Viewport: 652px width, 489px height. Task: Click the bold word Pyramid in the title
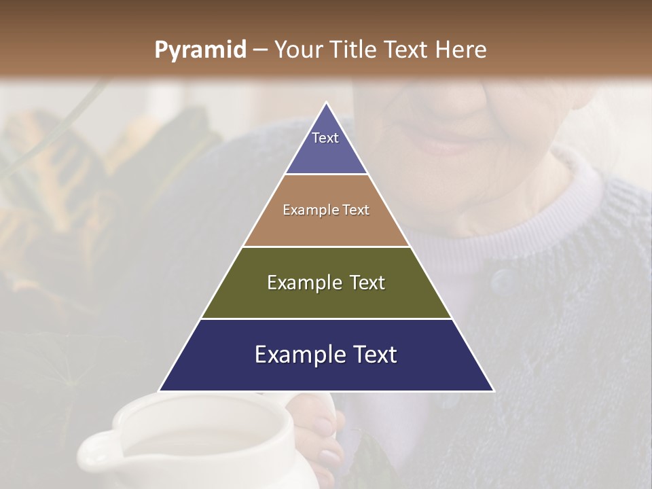click(200, 50)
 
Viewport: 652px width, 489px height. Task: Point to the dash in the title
click(259, 50)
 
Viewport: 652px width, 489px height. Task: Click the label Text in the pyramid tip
click(325, 138)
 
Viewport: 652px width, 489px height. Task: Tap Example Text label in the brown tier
click(326, 210)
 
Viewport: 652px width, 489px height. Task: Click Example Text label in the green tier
click(326, 283)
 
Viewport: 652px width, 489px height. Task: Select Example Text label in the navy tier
click(326, 355)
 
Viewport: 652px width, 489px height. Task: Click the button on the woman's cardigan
click(502, 278)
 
